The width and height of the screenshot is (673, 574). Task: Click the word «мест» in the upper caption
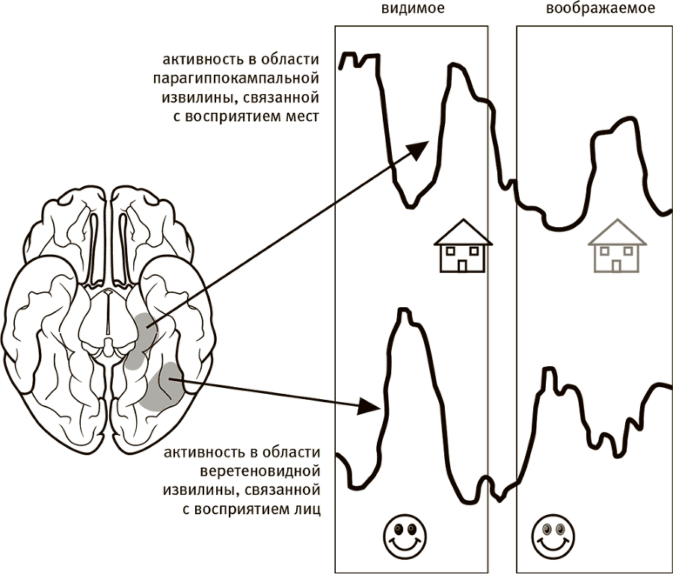tap(302, 116)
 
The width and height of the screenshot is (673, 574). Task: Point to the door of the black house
tap(464, 265)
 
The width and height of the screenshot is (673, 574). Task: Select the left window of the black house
tap(451, 251)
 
